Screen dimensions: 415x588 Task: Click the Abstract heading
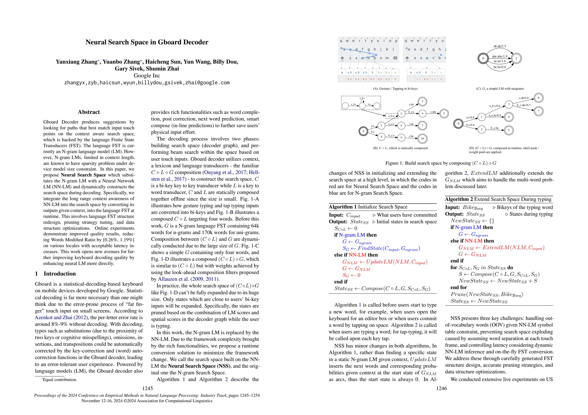tap(89, 112)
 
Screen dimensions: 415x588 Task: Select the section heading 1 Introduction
tap(55, 274)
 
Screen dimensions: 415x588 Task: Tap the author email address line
tap(147, 83)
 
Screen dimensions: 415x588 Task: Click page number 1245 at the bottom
tap(148, 388)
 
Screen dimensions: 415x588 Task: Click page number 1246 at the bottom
tap(441, 388)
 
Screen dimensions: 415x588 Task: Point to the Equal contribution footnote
tap(59, 380)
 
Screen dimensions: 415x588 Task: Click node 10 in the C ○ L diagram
tap(422, 138)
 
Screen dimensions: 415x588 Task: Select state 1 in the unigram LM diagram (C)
tap(516, 58)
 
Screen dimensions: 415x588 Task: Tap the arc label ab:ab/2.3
tap(499, 46)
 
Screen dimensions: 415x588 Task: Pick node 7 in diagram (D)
tap(539, 111)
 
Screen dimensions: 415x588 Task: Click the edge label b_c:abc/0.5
tap(524, 105)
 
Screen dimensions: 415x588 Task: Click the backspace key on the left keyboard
tap(395, 58)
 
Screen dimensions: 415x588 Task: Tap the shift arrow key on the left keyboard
tap(342, 58)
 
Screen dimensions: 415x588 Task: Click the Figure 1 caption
tap(441, 163)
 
